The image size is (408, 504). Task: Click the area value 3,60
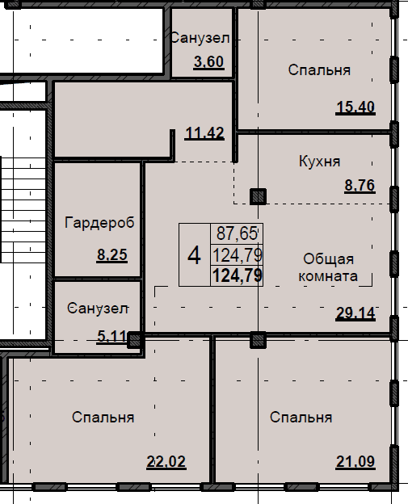(208, 61)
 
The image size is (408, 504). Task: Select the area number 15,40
(355, 107)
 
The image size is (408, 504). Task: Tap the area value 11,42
(204, 133)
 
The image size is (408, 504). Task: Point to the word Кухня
(319, 161)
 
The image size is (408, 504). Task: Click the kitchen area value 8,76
(360, 186)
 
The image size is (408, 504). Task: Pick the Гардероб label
(99, 222)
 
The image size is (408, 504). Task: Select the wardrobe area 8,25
(111, 255)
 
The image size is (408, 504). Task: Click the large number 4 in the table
(194, 256)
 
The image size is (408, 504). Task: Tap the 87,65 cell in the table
(237, 233)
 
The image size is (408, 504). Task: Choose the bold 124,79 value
(238, 275)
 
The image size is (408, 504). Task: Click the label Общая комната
(328, 267)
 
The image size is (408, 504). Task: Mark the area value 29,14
(355, 313)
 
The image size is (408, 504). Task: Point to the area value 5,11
(111, 337)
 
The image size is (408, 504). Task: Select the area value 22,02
(166, 462)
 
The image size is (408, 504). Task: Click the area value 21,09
(355, 462)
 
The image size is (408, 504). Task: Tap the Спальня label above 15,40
(319, 70)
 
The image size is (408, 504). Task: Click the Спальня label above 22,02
(103, 418)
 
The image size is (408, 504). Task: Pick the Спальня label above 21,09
(301, 418)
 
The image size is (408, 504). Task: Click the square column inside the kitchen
(258, 196)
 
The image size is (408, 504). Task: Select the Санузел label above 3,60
(200, 38)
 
